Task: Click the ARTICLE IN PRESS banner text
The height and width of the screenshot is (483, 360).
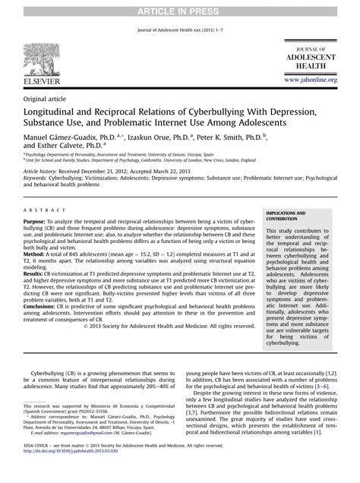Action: point(179,6)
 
